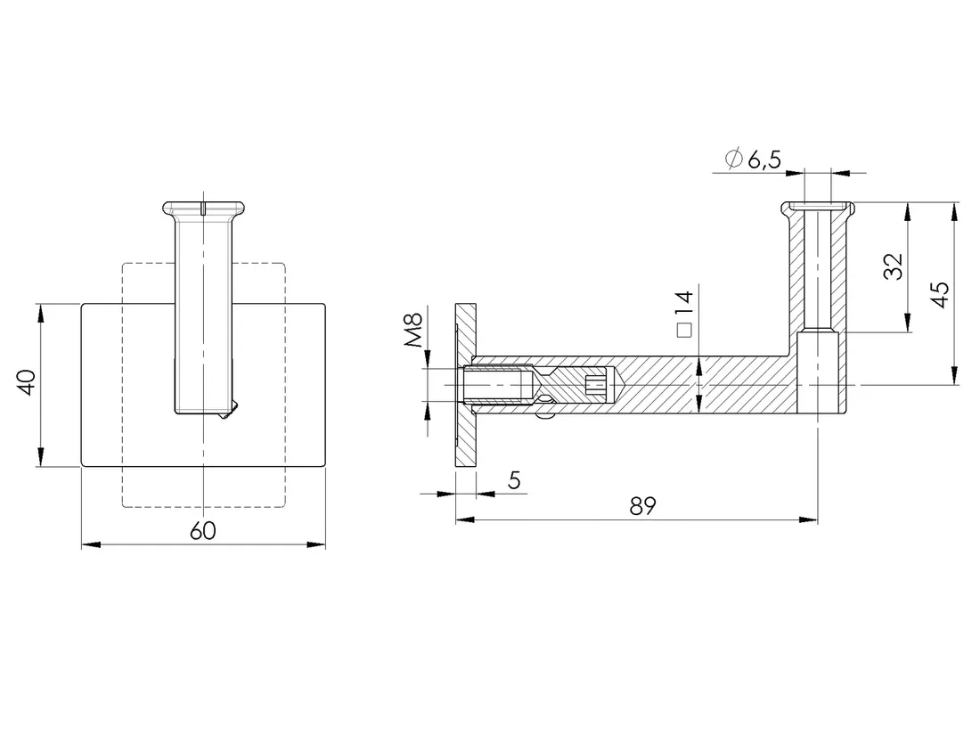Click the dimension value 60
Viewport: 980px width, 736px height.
(202, 531)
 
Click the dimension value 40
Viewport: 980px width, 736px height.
(27, 382)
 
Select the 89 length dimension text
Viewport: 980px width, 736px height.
(642, 506)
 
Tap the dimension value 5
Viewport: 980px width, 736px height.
(514, 480)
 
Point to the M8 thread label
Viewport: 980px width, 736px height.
(413, 331)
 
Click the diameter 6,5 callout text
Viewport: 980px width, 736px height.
(753, 159)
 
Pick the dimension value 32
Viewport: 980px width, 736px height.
(894, 266)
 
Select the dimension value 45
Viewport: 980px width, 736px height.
(939, 294)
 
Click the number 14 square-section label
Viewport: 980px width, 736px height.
(684, 304)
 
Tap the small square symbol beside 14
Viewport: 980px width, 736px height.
(684, 331)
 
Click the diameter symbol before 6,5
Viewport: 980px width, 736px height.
(734, 159)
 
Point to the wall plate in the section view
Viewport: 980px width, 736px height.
(466, 385)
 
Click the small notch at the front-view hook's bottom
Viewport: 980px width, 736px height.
(229, 410)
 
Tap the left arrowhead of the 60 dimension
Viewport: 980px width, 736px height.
(91, 545)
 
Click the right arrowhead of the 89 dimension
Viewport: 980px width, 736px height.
(809, 519)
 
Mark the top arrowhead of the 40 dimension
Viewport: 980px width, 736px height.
(41, 314)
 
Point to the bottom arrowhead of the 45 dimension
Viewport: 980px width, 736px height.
(954, 375)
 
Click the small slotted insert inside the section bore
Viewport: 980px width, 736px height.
(597, 385)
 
